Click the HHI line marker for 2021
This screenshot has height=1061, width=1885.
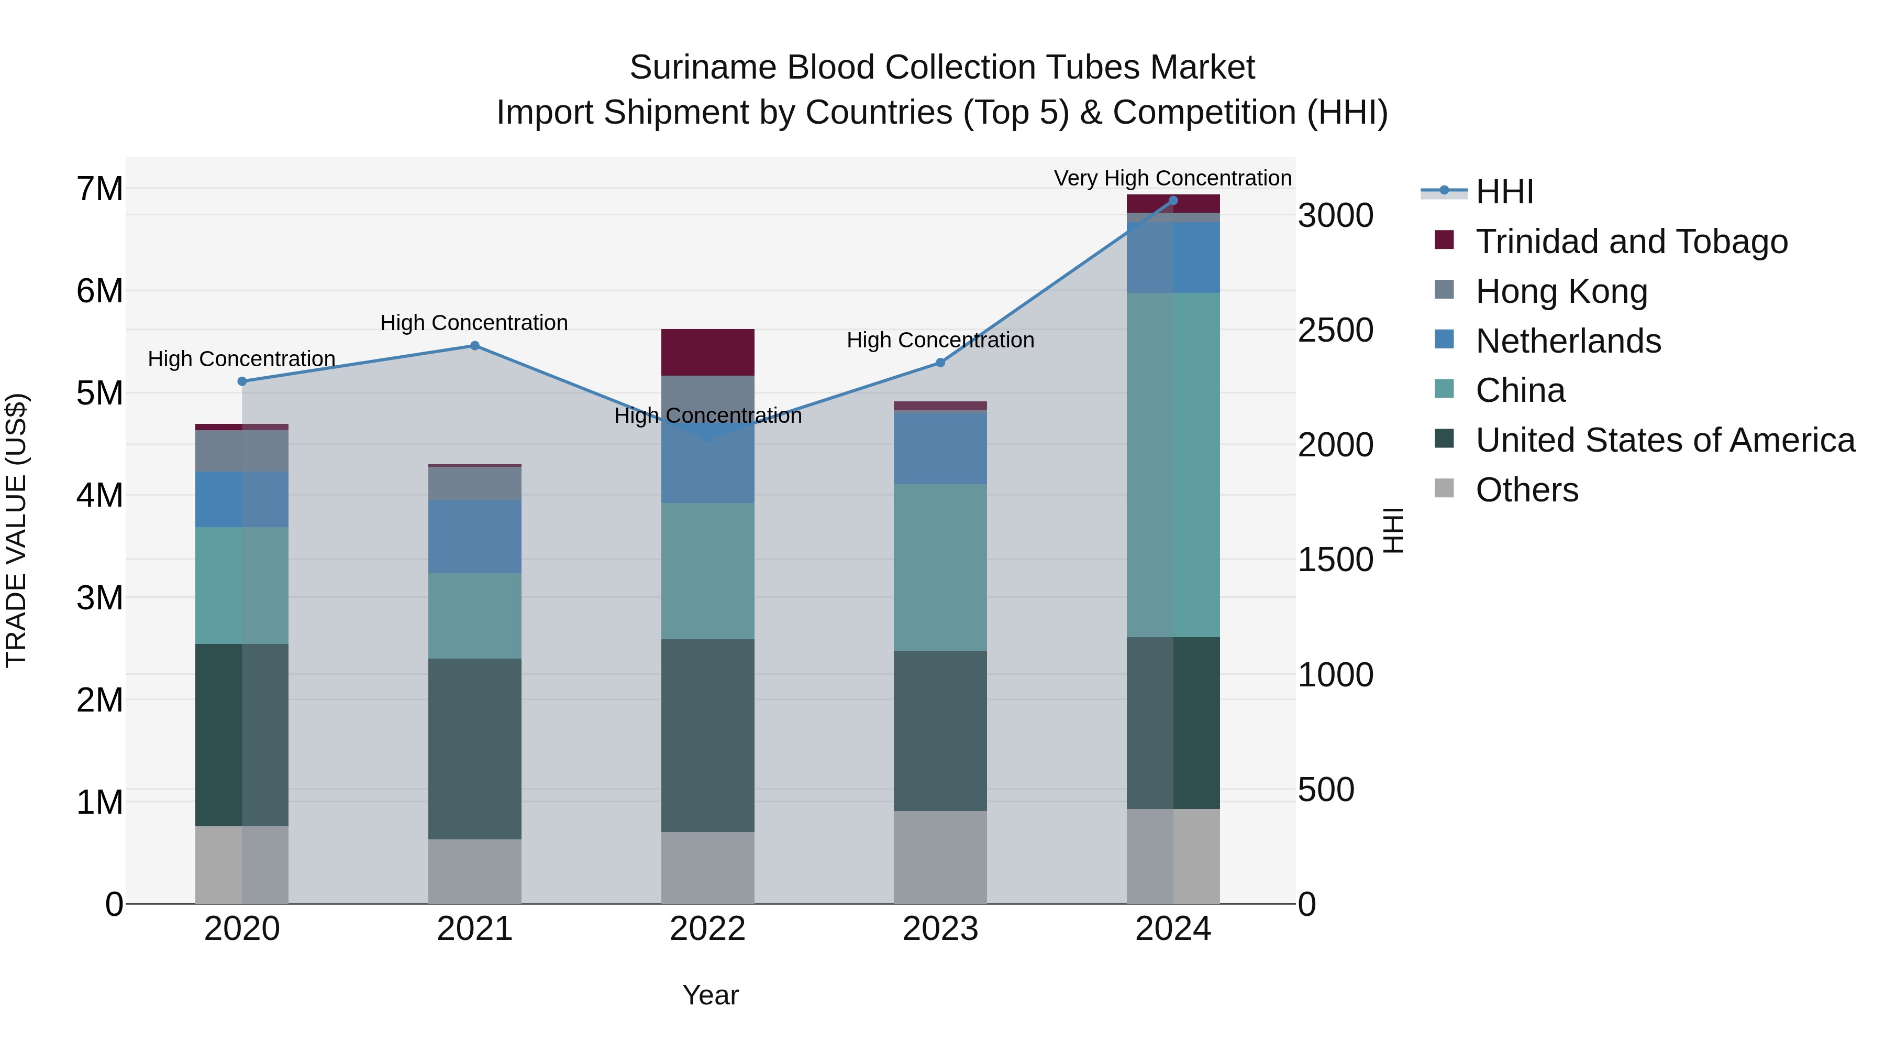(474, 346)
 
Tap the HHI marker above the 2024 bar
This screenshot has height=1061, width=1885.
(1173, 201)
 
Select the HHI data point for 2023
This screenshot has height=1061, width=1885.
(940, 363)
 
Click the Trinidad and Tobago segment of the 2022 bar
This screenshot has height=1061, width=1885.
(707, 352)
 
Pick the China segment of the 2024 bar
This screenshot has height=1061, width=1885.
(1173, 464)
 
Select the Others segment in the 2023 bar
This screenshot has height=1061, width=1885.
(940, 857)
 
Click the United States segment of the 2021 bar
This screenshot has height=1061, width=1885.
(474, 748)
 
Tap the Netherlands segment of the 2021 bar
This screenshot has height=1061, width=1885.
(474, 536)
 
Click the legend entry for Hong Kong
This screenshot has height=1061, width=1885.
(1561, 291)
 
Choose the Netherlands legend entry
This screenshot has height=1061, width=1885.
(1568, 341)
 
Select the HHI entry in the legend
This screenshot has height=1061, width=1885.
(1504, 192)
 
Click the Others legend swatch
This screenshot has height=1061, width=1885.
(1445, 488)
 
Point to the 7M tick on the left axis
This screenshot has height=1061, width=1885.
(99, 189)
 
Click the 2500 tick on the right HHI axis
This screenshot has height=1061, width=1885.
(1335, 330)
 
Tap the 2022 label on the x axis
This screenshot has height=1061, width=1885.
(707, 929)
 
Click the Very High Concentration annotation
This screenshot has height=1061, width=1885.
(1172, 178)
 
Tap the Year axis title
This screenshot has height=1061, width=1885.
(710, 995)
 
